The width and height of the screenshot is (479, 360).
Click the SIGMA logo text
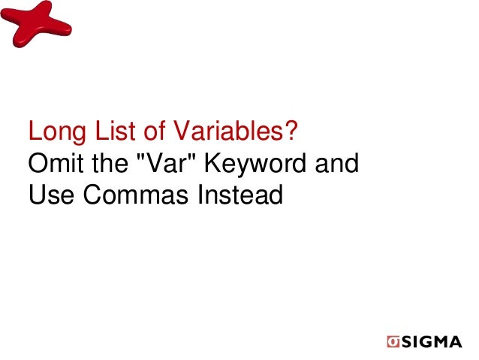click(x=431, y=342)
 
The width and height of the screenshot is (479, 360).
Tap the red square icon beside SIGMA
click(x=393, y=342)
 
